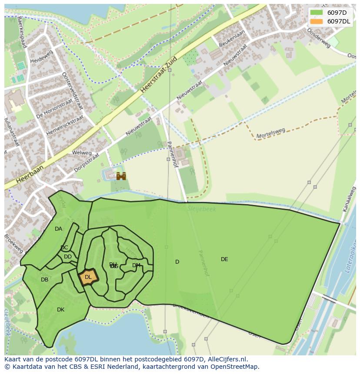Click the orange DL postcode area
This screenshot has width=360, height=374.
pyautogui.click(x=88, y=277)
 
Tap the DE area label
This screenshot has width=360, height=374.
pyautogui.click(x=224, y=259)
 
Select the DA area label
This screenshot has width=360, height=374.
pyautogui.click(x=58, y=229)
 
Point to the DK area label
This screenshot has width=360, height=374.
pyautogui.click(x=60, y=310)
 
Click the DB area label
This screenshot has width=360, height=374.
pyautogui.click(x=44, y=280)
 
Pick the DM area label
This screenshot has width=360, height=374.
pyautogui.click(x=136, y=265)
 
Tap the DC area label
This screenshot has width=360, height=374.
pyautogui.click(x=64, y=248)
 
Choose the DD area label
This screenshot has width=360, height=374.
pyautogui.click(x=68, y=257)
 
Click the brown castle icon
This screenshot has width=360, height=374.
pyautogui.click(x=121, y=176)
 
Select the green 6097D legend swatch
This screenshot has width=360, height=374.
pyautogui.click(x=317, y=13)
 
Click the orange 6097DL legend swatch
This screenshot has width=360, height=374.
pyautogui.click(x=317, y=21)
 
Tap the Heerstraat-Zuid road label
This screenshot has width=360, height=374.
pyautogui.click(x=159, y=75)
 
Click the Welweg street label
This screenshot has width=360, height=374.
pyautogui.click(x=82, y=153)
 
